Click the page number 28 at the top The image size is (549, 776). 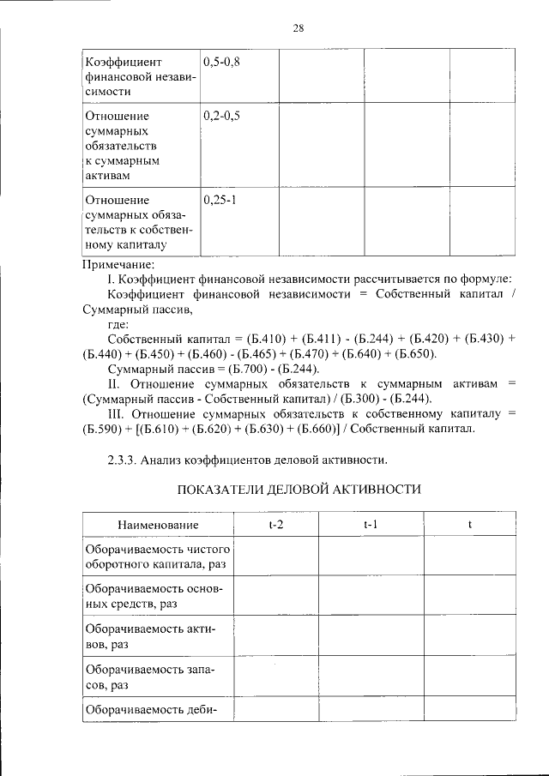pos(299,27)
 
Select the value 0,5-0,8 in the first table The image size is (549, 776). pos(221,62)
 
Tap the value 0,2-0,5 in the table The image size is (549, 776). pos(221,114)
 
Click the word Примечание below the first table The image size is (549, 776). pos(118,264)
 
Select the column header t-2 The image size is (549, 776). pos(275,524)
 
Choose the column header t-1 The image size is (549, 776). pos(371,524)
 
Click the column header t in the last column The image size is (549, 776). pos(469,524)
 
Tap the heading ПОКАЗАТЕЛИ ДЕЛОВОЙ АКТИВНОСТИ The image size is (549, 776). pos(299,490)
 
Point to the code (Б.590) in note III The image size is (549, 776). pos(106,429)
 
